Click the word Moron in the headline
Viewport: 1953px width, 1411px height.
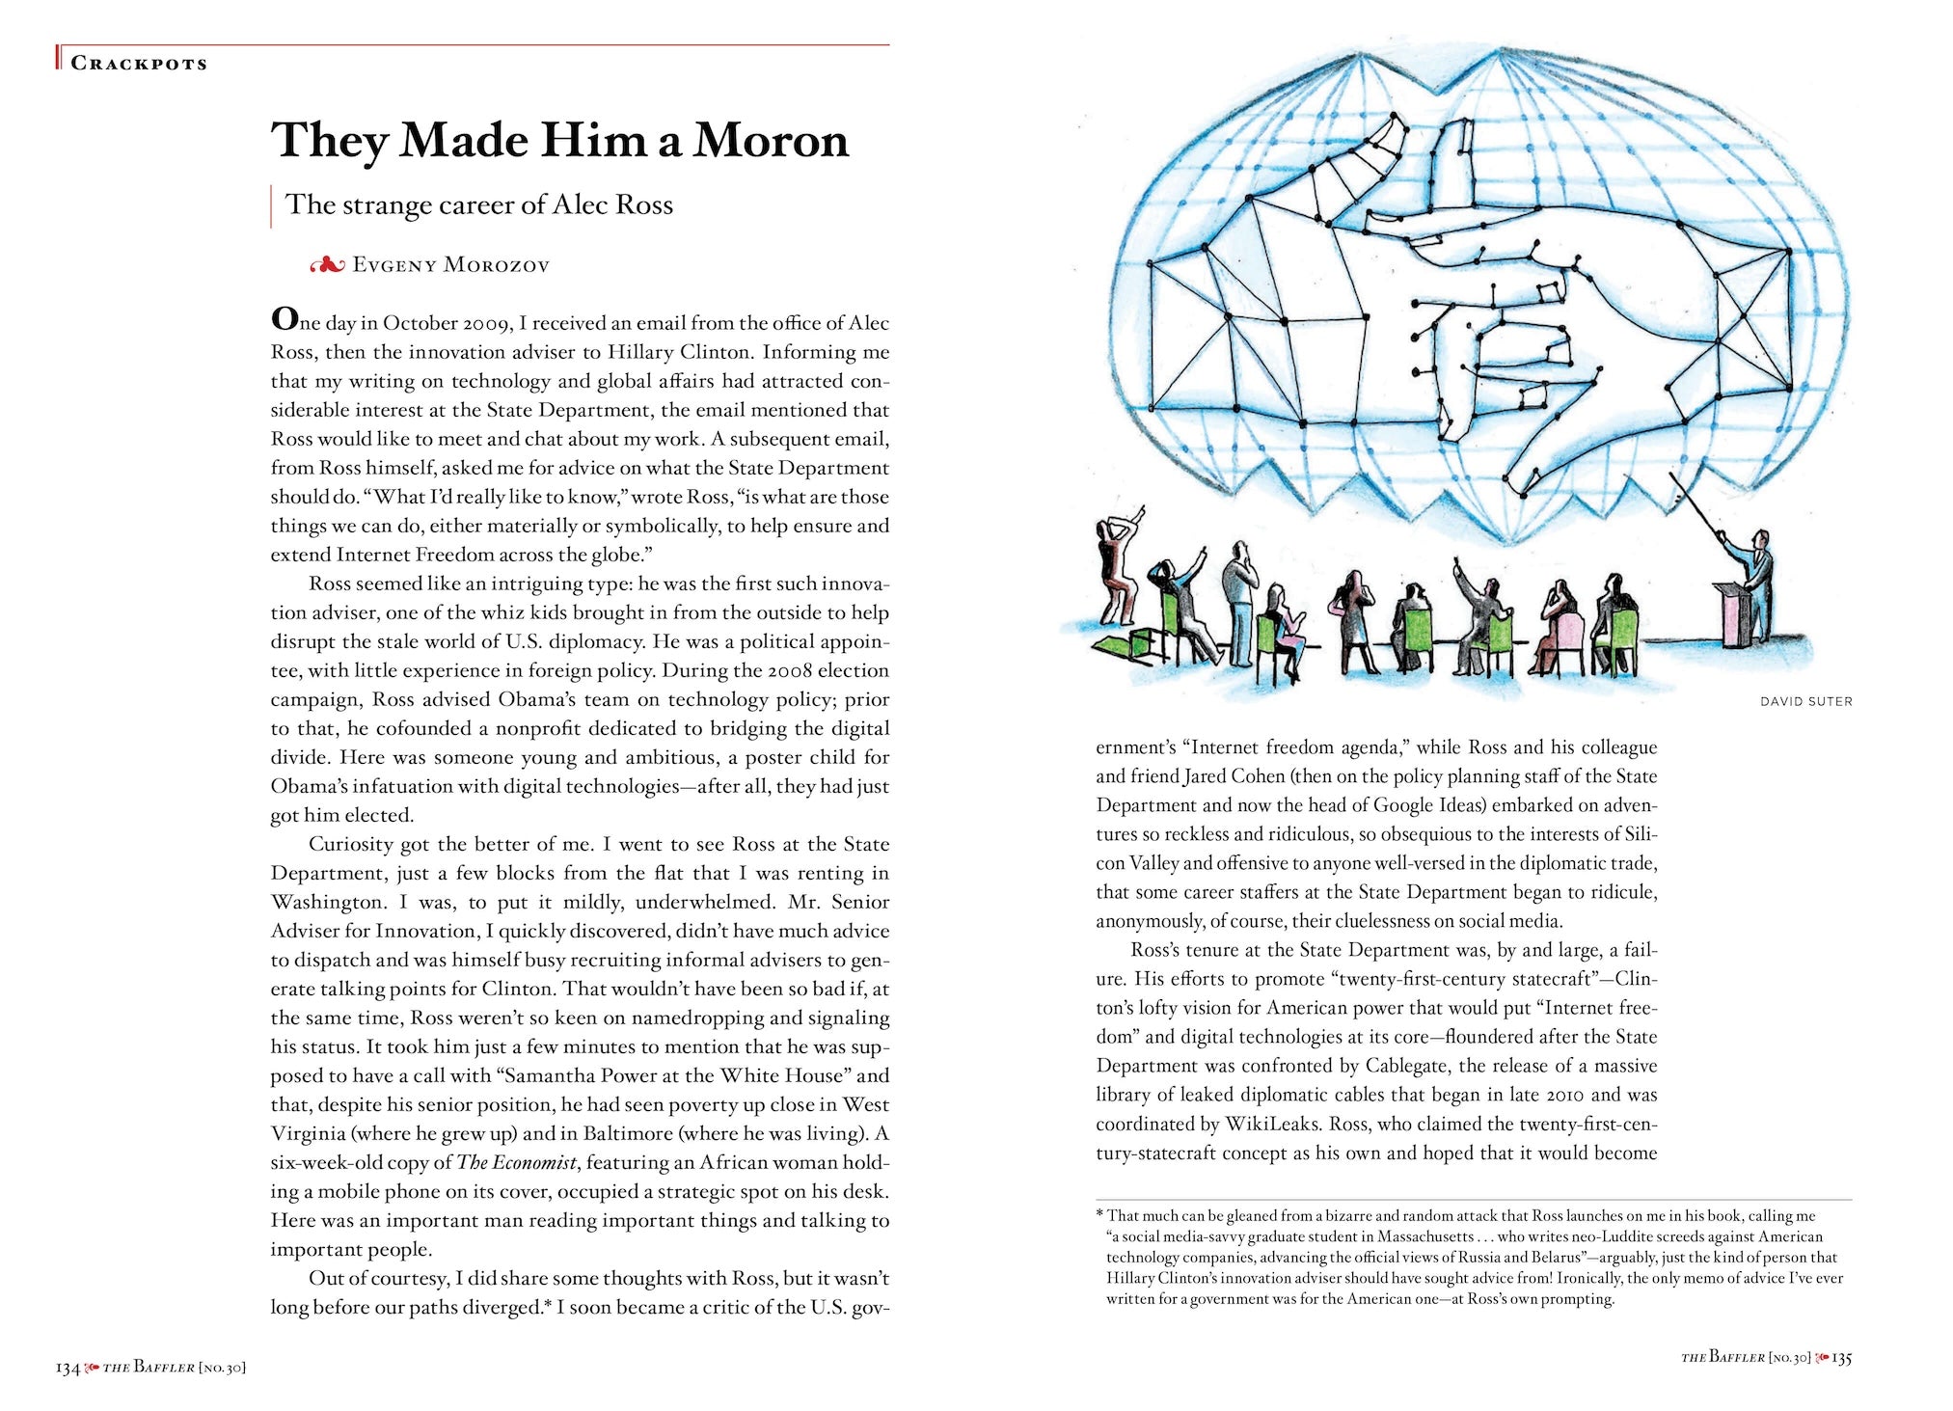[x=771, y=141]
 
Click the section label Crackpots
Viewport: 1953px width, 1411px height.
[x=139, y=64]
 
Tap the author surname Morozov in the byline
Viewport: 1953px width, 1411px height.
[x=496, y=265]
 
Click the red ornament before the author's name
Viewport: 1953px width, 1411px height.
[x=327, y=265]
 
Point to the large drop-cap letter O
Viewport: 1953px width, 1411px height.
[x=284, y=318]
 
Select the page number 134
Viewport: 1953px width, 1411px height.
[x=68, y=1368]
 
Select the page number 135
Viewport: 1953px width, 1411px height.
[x=1841, y=1358]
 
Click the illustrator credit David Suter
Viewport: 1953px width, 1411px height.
[x=1805, y=701]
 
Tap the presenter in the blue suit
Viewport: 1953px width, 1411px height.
[x=1757, y=579]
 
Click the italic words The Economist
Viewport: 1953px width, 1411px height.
[x=516, y=1163]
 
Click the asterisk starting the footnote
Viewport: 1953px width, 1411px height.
[x=1099, y=1215]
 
